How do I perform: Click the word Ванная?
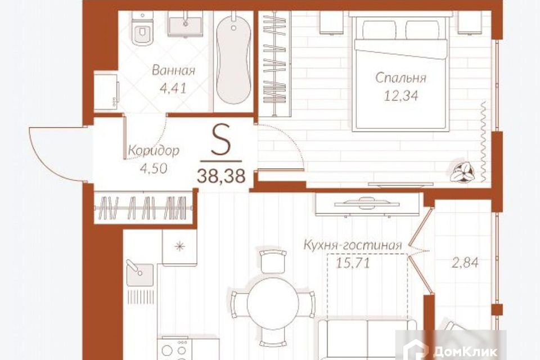[x=173, y=71]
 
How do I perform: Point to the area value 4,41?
[x=173, y=88]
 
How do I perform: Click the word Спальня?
[x=400, y=78]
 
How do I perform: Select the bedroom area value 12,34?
[x=401, y=96]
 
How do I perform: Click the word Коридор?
[x=154, y=151]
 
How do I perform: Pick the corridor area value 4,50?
[x=154, y=168]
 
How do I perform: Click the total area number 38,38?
[x=221, y=177]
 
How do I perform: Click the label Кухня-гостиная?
[x=353, y=245]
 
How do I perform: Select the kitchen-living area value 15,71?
[x=353, y=263]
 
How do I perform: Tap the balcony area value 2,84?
[x=465, y=263]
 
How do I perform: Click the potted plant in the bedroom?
[x=462, y=171]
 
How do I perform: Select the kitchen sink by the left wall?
[x=140, y=274]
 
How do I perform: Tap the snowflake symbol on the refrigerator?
[x=179, y=247]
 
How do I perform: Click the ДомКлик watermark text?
[x=465, y=352]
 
